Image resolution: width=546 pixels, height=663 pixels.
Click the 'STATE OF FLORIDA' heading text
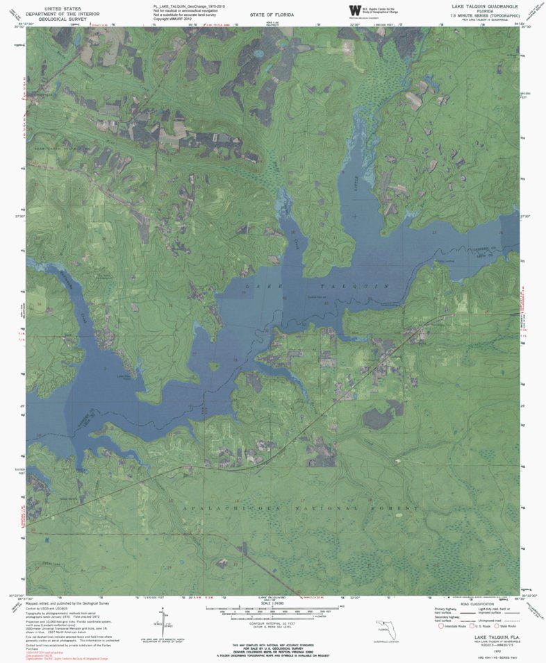coord(272,15)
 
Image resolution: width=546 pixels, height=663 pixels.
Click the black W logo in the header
coord(355,9)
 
